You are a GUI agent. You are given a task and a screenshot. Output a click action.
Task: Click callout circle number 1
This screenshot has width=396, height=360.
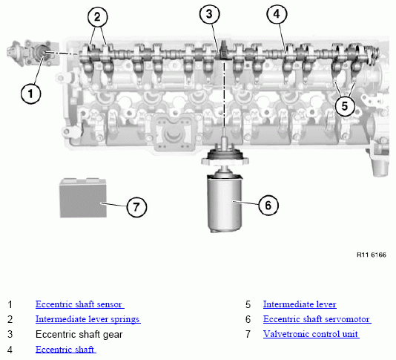tap(30, 94)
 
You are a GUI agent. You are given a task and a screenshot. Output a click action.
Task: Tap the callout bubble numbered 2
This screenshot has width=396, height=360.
tap(97, 16)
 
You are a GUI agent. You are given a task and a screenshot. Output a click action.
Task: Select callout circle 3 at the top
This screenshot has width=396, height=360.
tap(209, 14)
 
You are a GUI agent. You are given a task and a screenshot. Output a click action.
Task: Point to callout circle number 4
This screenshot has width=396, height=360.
tap(277, 14)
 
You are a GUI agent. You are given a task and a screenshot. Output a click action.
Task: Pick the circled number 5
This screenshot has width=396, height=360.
tap(345, 105)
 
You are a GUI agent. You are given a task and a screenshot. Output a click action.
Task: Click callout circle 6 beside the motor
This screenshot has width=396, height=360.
tap(268, 205)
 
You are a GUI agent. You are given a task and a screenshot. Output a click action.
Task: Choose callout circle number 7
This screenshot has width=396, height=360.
tap(136, 207)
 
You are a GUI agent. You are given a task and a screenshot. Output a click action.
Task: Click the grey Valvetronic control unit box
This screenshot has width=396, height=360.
tap(83, 197)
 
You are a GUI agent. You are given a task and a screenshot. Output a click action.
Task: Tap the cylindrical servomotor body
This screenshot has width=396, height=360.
tap(225, 202)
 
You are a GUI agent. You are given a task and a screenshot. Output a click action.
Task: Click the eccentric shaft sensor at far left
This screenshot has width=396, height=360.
tap(33, 53)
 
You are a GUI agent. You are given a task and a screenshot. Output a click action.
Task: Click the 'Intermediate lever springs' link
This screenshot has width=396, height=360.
tap(88, 319)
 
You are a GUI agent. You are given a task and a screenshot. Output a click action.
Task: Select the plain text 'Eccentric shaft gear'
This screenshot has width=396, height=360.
tap(79, 335)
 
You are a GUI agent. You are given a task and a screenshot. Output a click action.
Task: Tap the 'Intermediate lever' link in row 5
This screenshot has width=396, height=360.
tap(300, 304)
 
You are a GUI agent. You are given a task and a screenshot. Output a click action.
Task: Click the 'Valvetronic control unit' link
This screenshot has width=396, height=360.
tap(311, 334)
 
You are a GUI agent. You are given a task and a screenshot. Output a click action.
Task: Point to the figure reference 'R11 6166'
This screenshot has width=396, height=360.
tap(372, 255)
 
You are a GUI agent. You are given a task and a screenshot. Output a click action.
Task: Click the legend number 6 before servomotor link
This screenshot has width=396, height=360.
tap(248, 319)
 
